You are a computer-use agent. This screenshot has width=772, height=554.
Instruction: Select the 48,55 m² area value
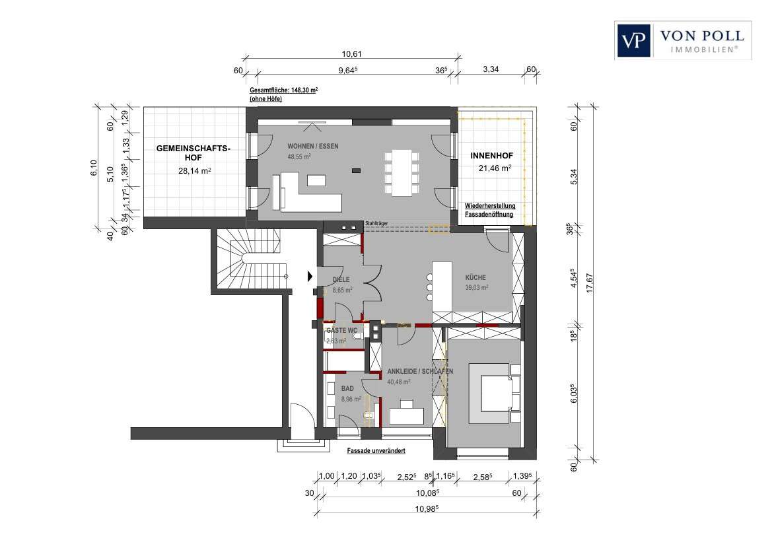[299, 157]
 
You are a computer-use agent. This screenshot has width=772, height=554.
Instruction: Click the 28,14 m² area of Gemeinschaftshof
[194, 170]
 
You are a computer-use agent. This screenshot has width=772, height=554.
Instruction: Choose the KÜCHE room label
[476, 278]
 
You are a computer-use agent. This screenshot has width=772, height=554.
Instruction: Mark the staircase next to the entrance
[249, 259]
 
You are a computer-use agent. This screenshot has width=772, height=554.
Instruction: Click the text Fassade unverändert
[376, 450]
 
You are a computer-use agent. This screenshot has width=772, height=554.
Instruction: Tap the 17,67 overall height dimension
[598, 281]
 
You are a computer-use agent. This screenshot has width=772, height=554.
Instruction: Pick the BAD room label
[348, 390]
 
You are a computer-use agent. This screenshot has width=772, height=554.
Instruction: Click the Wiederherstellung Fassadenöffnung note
[490, 210]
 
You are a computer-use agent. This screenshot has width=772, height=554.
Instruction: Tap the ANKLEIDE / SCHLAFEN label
[420, 371]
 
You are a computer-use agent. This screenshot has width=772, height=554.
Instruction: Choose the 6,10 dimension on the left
[94, 164]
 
